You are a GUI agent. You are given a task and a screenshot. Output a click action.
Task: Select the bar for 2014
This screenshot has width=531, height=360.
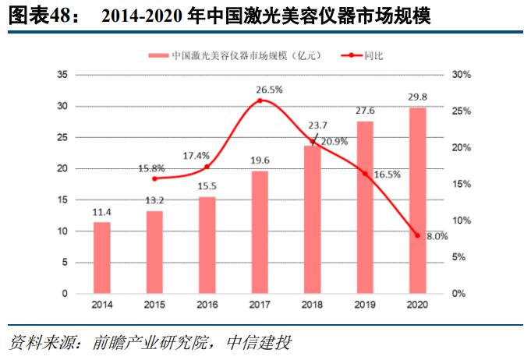(102, 258)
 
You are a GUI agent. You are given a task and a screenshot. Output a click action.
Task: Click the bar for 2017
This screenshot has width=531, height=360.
(260, 232)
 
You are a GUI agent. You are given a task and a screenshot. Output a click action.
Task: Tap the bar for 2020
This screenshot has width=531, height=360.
(417, 200)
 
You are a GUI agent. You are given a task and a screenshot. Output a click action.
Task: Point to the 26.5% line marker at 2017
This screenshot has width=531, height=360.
(260, 101)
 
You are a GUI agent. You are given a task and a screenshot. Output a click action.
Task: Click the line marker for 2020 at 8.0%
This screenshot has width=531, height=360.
(417, 235)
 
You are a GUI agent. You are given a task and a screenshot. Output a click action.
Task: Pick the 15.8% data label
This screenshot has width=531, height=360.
(152, 168)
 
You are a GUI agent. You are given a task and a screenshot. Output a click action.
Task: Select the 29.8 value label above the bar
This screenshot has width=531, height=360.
(417, 97)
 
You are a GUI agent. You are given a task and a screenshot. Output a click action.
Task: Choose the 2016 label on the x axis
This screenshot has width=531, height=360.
(207, 305)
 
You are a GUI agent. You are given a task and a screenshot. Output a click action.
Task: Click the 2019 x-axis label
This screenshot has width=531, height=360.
(365, 305)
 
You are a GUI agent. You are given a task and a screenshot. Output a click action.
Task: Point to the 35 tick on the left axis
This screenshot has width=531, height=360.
(63, 75)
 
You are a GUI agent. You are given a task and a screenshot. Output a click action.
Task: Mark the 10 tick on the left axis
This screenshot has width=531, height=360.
(63, 231)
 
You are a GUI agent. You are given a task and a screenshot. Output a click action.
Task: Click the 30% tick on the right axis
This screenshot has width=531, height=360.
(460, 75)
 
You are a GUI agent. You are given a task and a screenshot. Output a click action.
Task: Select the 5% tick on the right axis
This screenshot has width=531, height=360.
(458, 257)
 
